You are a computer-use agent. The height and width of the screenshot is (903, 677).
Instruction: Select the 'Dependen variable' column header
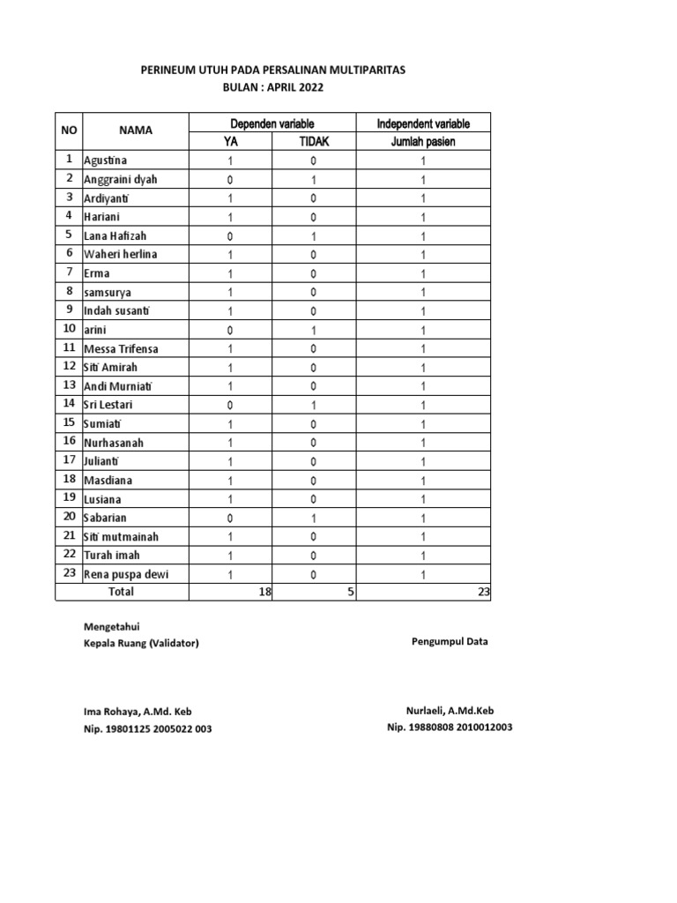point(272,123)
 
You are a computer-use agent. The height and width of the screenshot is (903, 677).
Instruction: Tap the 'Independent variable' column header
point(423,123)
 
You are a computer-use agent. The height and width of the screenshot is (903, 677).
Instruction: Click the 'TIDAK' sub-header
point(313,142)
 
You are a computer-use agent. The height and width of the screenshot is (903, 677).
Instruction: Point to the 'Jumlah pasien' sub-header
point(423,142)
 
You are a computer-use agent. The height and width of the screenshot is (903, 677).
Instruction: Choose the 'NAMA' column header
point(136,131)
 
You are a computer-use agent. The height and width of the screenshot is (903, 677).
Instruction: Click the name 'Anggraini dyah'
point(121,179)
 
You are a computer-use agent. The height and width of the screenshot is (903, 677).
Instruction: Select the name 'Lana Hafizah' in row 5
point(116,235)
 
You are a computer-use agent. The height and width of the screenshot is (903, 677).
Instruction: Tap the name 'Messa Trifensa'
point(122,348)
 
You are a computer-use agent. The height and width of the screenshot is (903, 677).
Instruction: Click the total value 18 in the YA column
point(264,593)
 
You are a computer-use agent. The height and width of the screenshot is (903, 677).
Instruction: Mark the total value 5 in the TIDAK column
point(350,593)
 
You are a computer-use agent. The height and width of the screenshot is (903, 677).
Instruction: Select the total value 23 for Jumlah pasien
point(482,593)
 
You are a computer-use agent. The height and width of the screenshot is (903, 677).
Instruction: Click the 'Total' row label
point(121,592)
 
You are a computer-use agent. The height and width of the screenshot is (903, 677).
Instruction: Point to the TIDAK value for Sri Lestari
point(313,405)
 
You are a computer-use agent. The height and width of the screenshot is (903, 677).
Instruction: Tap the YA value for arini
point(230,330)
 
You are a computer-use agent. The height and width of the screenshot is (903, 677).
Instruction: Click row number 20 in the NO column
point(68,517)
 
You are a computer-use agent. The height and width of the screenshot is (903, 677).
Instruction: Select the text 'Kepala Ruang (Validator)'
point(141,643)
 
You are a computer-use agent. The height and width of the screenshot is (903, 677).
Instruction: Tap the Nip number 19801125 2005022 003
point(147,728)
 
